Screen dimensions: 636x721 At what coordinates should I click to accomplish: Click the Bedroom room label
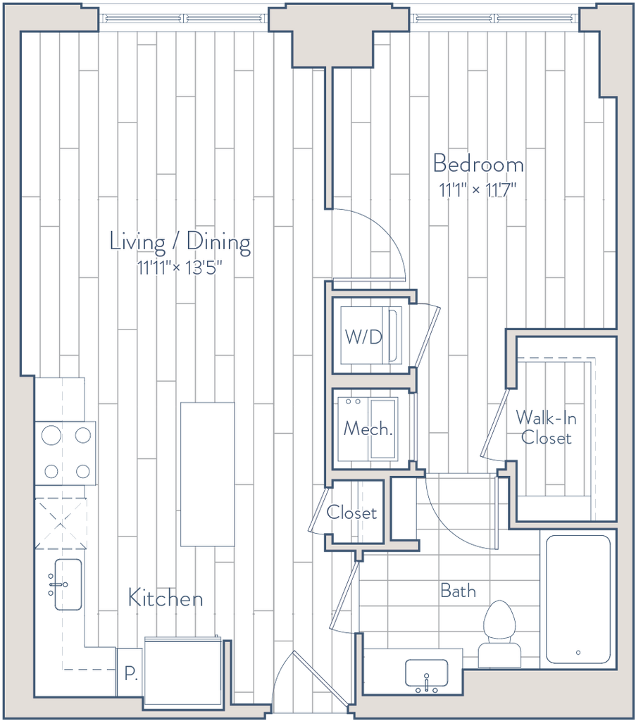pos(478,164)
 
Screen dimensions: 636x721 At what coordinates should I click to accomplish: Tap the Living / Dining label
pos(180,242)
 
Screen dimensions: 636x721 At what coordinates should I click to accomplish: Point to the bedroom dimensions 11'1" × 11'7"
pos(478,189)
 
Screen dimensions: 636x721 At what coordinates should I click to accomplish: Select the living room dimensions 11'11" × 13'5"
pos(180,268)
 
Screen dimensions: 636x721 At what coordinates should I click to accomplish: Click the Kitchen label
pos(165,598)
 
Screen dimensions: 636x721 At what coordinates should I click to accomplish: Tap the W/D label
pos(363,337)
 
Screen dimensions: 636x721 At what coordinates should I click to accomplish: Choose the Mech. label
pos(368,429)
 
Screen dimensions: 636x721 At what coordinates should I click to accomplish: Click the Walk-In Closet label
pos(546,427)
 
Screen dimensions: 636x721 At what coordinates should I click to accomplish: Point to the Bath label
pos(458,591)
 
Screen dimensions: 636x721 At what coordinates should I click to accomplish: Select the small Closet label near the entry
pos(351,513)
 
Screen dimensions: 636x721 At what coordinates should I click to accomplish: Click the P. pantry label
pos(130,674)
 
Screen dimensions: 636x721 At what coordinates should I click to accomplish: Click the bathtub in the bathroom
pos(578,599)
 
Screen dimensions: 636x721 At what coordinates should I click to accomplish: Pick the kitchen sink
pos(68,584)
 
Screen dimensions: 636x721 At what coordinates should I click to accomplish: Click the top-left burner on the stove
pos(51,434)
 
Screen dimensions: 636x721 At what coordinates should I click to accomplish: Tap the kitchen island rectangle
pos(207,474)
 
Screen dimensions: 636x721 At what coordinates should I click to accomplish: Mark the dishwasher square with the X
pos(61,523)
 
